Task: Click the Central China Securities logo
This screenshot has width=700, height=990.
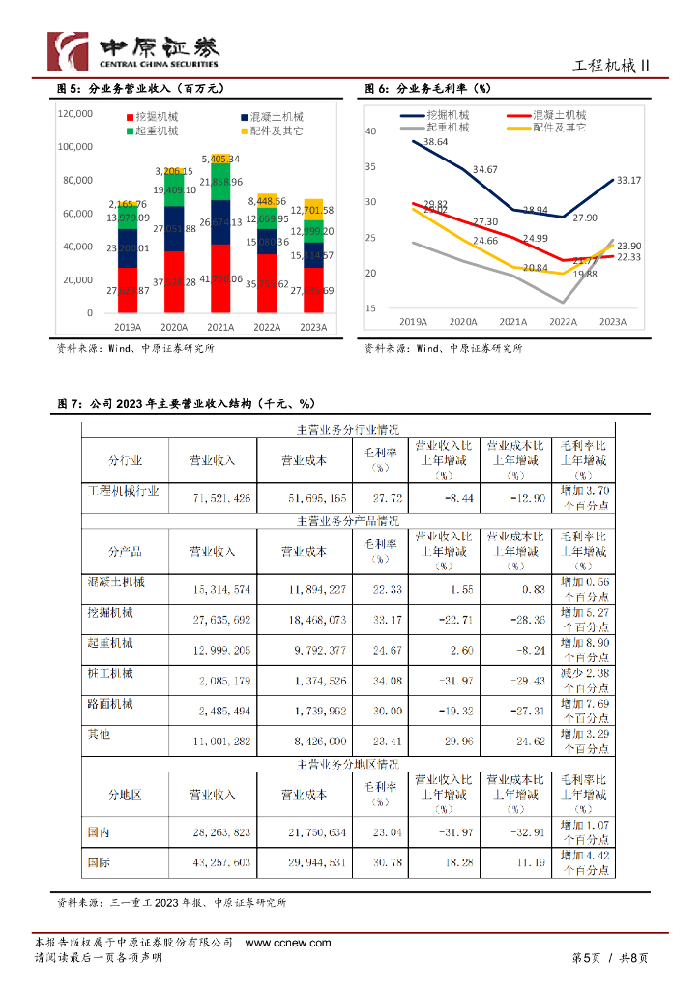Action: pos(132,49)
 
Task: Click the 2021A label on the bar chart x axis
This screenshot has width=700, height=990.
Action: pos(221,328)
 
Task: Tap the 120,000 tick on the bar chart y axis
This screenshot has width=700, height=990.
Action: pos(75,114)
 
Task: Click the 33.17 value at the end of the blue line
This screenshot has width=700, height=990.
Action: pos(628,180)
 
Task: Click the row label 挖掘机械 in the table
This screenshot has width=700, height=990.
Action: pos(110,613)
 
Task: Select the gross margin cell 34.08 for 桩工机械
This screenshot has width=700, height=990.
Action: pos(386,682)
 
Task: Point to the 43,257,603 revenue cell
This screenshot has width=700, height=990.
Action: pos(221,861)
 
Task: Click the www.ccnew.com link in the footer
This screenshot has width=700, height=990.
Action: pos(288,943)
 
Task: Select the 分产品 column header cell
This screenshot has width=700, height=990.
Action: pos(125,551)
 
